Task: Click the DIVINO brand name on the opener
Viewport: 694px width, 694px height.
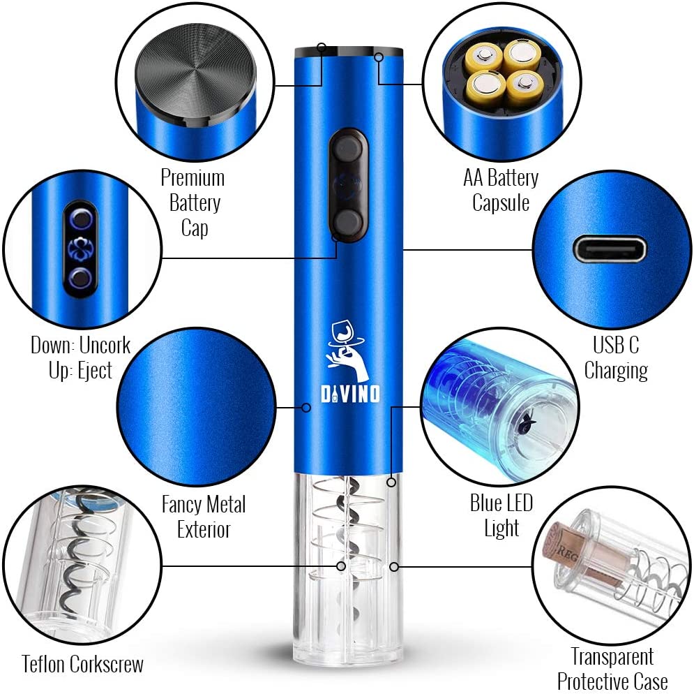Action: tap(350, 394)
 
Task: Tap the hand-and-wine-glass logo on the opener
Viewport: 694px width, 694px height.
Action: tap(347, 351)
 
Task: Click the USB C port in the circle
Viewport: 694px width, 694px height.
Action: tap(610, 249)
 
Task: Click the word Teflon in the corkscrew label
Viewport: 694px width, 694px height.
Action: tap(44, 664)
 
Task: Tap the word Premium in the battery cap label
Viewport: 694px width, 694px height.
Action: tap(193, 178)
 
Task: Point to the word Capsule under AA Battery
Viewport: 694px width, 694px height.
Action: tap(501, 203)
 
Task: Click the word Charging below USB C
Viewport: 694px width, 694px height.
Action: tap(616, 371)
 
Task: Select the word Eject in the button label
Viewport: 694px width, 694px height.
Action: tap(95, 371)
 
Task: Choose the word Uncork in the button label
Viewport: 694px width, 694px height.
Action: tap(105, 345)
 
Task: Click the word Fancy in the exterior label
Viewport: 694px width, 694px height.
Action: tap(182, 504)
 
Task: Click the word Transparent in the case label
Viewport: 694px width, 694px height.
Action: tap(612, 656)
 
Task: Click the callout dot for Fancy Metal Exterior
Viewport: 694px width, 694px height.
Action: tap(305, 407)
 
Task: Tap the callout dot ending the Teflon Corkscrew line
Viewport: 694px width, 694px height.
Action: tap(341, 566)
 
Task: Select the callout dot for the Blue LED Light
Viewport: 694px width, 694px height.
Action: tap(391, 482)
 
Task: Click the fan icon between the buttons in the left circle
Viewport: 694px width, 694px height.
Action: tap(80, 248)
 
